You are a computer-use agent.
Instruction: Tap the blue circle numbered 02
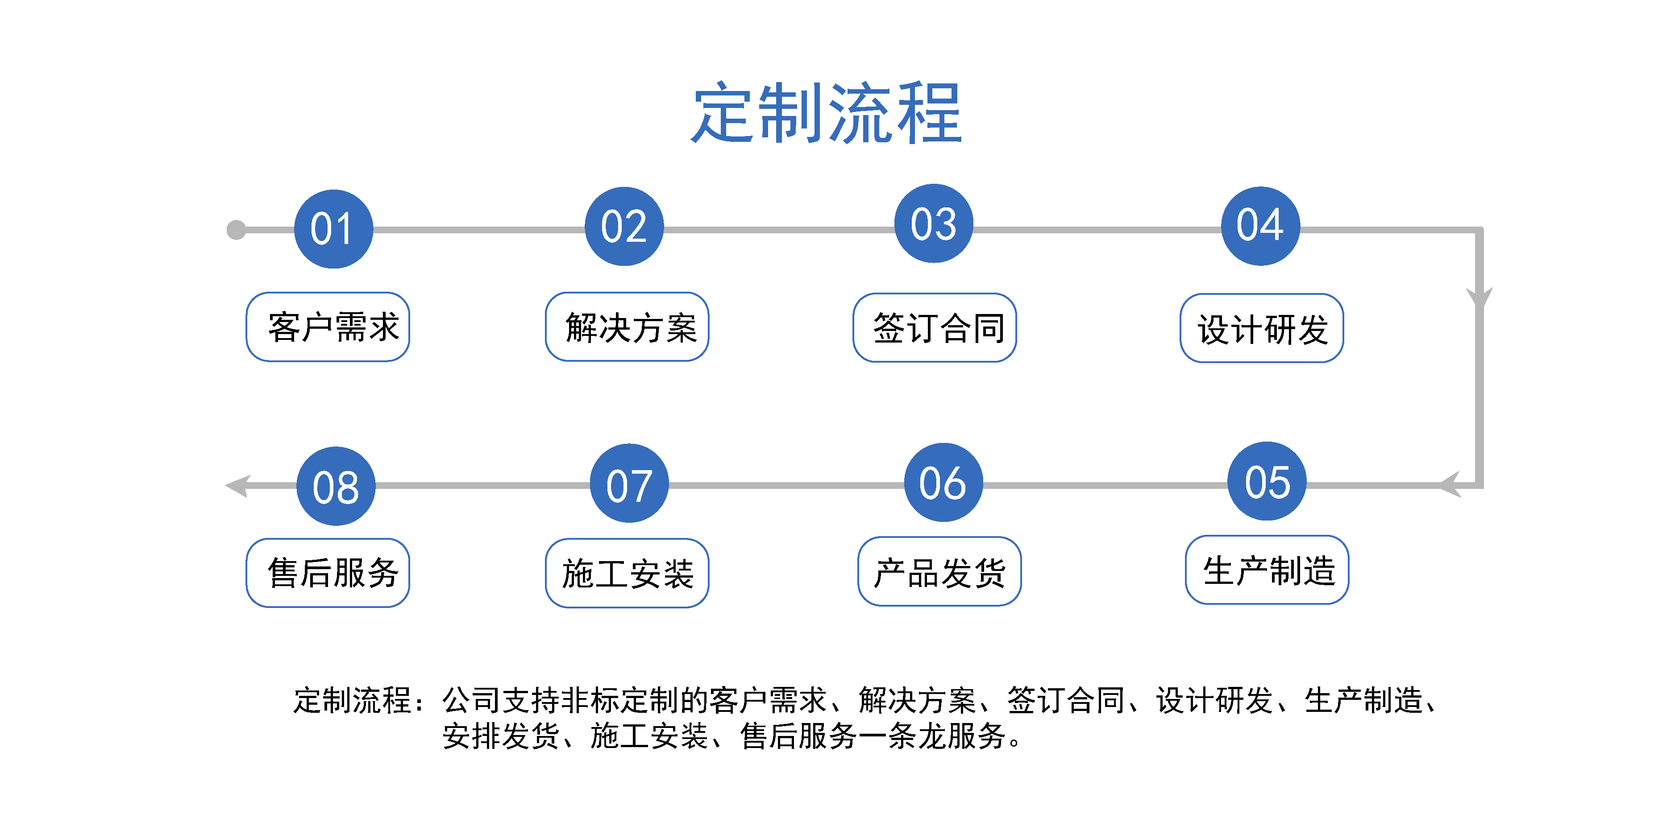point(624,226)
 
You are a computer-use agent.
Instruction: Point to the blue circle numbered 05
point(1267,481)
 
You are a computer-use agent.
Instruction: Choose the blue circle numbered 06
point(943,483)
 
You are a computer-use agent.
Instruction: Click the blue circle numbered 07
point(629,484)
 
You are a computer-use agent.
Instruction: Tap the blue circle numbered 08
point(336,486)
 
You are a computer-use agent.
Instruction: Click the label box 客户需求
point(328,327)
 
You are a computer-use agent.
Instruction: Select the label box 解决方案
point(627,327)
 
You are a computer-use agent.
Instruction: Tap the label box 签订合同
point(935,328)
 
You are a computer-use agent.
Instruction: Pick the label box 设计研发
point(1262,328)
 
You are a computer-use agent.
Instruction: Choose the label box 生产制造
point(1267,570)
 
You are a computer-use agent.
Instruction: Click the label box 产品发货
point(939,571)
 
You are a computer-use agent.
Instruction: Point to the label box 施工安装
point(627,573)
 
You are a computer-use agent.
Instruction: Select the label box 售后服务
point(328,573)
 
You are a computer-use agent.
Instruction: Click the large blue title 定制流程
point(827,113)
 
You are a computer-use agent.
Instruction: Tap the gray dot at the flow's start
point(236,230)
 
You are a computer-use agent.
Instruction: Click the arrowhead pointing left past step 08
point(237,486)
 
